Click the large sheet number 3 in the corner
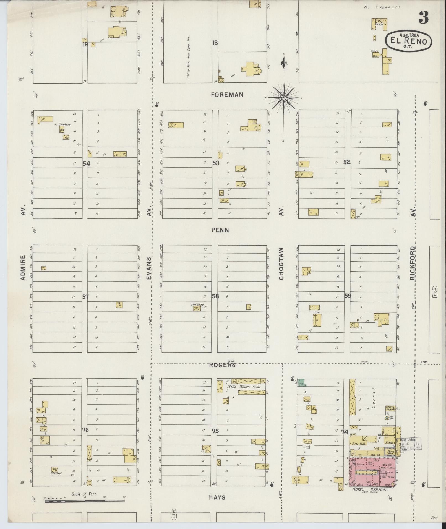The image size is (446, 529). (x=423, y=18)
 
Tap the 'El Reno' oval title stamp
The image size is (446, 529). (x=409, y=41)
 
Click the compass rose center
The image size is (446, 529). (x=284, y=98)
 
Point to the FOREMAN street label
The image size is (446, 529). (x=227, y=95)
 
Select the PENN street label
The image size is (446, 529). (x=220, y=230)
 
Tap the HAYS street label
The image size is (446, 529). (x=217, y=497)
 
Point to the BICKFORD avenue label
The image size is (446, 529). (x=413, y=263)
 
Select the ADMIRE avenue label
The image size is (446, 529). (x=23, y=267)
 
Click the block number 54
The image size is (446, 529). (x=86, y=164)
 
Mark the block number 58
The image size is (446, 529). (x=215, y=296)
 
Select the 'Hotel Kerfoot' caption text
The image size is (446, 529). (x=370, y=489)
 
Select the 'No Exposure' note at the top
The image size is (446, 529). (x=382, y=7)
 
